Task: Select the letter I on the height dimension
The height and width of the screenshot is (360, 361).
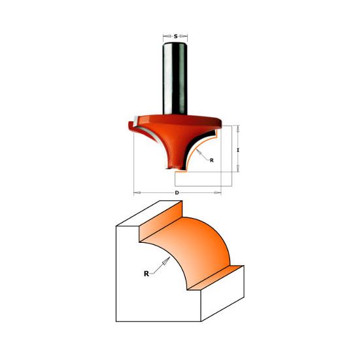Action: (239, 150)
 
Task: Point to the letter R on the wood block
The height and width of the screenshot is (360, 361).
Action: (146, 275)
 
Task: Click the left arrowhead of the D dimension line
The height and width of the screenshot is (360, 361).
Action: (135, 192)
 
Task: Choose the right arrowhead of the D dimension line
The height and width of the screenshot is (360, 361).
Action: (218, 192)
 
